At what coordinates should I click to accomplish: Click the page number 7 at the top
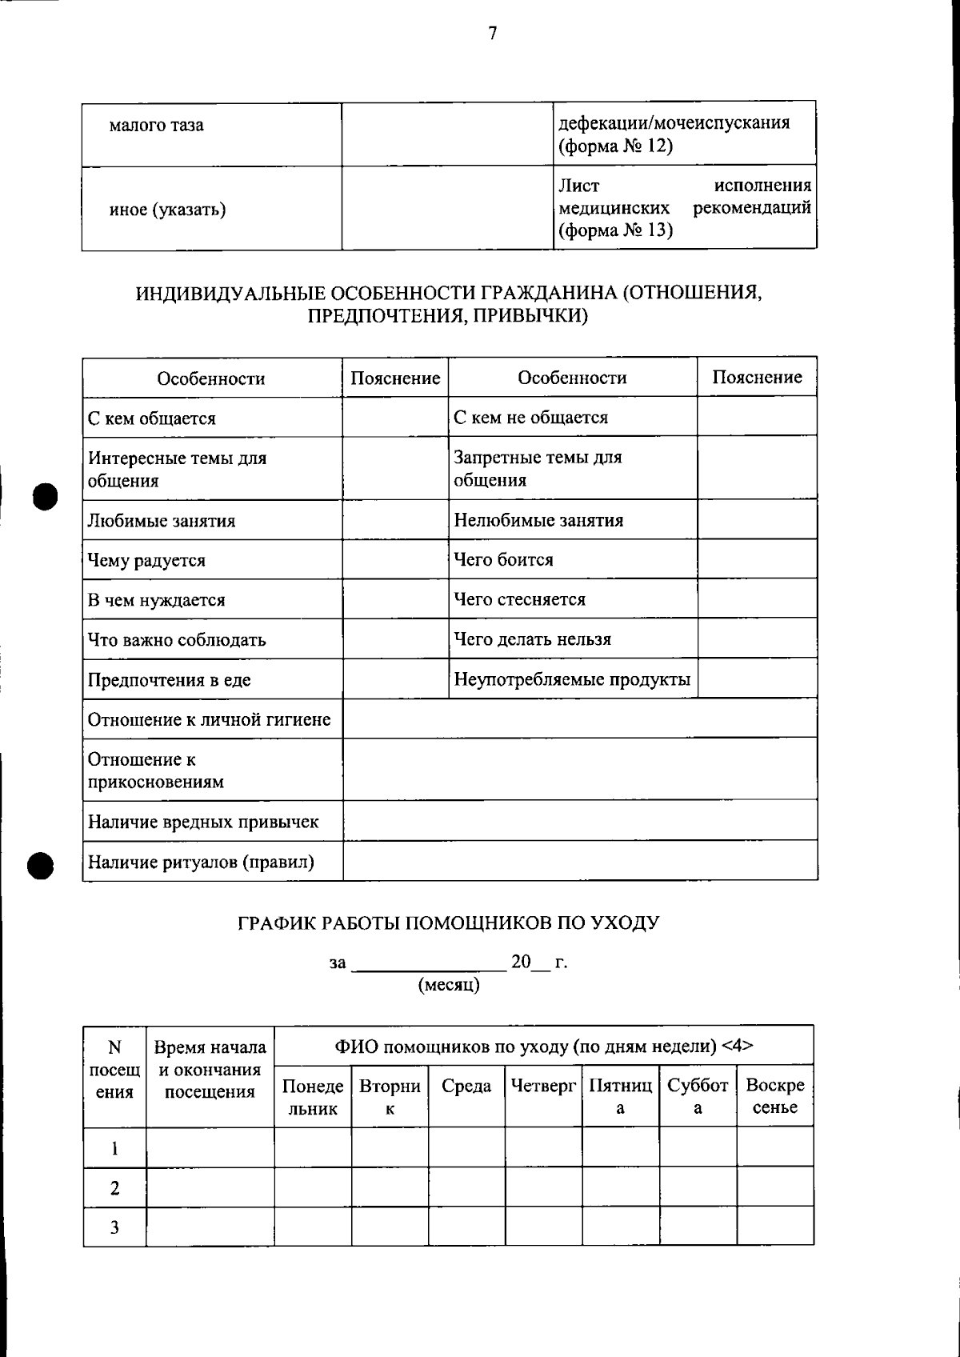tap(492, 34)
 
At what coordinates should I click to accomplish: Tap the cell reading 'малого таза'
tap(156, 126)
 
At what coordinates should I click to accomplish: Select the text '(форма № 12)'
tap(614, 146)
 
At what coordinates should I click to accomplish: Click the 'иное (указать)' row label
tap(167, 210)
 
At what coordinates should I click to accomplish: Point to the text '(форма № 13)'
tap(614, 231)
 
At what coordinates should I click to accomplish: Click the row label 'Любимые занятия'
tap(161, 521)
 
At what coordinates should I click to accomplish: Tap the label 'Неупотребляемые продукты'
tap(571, 680)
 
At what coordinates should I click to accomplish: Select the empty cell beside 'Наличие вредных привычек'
tap(579, 822)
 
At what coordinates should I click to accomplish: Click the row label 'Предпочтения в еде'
tap(169, 680)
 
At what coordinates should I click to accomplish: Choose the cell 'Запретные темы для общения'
tap(538, 469)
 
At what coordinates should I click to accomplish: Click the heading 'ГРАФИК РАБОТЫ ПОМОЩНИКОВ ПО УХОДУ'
tap(448, 923)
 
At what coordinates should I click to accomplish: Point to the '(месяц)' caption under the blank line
tap(449, 985)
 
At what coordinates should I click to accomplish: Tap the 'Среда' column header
tap(466, 1087)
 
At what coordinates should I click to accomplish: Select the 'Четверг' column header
tap(543, 1087)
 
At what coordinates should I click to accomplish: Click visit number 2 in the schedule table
tap(114, 1188)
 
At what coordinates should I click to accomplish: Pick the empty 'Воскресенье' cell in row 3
tap(774, 1227)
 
